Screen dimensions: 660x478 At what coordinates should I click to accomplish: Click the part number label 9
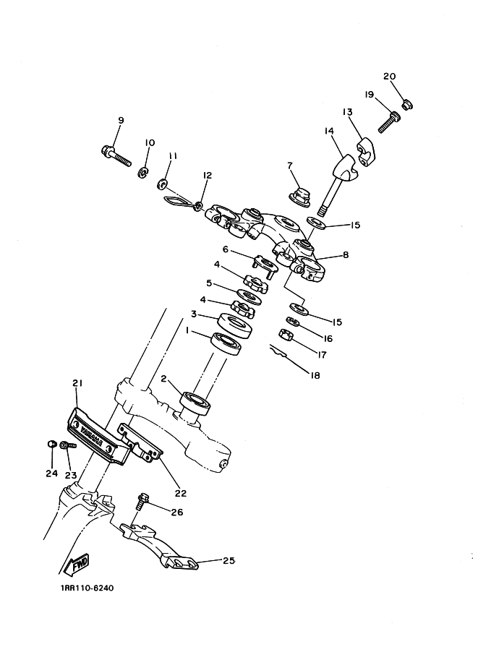click(x=121, y=120)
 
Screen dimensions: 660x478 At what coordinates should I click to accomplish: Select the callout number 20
click(x=389, y=77)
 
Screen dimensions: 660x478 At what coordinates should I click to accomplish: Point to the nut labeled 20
click(x=407, y=106)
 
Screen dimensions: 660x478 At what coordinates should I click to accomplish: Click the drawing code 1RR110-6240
click(x=82, y=588)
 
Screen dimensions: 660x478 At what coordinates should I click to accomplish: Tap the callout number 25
click(x=229, y=560)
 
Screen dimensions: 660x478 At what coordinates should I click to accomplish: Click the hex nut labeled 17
click(x=285, y=335)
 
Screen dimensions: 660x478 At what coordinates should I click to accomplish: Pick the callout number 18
click(x=315, y=375)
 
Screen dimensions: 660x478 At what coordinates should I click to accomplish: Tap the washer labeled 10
click(x=143, y=172)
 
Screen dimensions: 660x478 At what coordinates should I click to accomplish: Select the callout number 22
click(x=180, y=494)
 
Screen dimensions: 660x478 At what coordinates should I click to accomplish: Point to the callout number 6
click(x=226, y=249)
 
